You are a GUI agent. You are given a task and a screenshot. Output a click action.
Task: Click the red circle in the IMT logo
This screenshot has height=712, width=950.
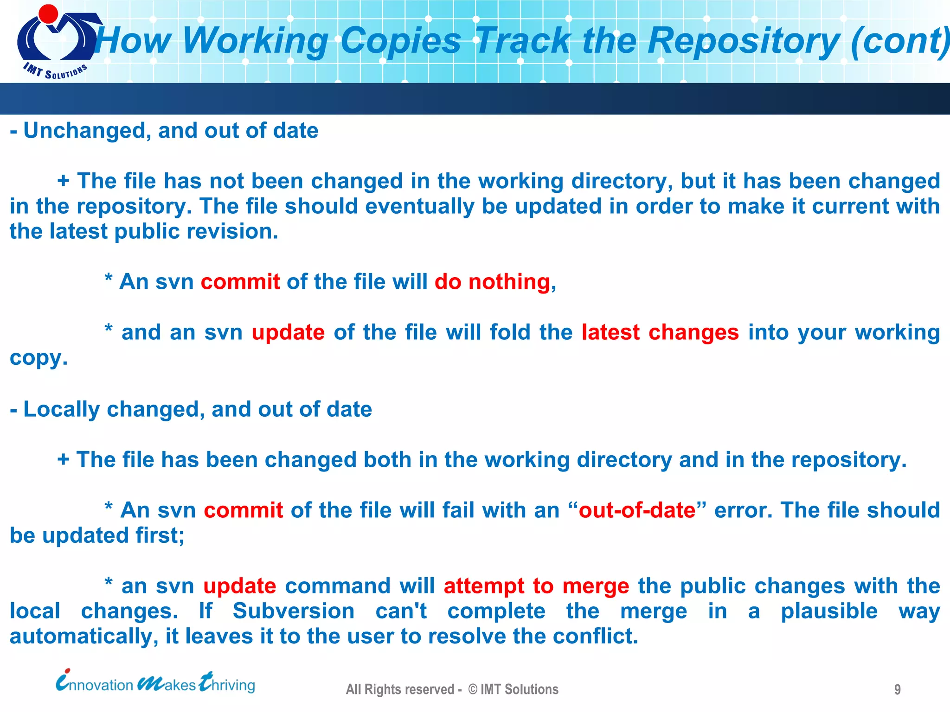48,13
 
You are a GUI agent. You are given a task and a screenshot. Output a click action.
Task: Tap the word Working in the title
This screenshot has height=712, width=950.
256,41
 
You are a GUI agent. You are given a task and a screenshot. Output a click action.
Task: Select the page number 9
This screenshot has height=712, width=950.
897,689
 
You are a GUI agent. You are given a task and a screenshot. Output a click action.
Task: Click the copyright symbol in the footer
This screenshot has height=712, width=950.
472,689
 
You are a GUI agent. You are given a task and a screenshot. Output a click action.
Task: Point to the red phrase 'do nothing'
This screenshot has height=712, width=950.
492,282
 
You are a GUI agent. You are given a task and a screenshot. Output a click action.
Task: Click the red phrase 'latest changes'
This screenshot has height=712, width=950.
660,332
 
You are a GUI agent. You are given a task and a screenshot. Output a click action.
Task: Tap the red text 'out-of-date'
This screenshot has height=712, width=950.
637,510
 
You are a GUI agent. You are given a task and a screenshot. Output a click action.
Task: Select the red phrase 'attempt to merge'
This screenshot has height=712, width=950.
536,586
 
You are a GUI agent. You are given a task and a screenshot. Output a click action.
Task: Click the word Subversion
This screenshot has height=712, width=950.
293,611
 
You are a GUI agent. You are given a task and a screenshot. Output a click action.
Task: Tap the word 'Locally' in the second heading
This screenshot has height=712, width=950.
61,409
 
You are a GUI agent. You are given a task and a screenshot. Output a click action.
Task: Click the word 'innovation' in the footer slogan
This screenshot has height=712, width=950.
95,684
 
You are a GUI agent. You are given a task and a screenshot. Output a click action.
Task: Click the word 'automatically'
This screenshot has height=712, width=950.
81,636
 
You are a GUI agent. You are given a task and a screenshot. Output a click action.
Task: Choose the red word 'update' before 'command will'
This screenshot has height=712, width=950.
239,586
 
